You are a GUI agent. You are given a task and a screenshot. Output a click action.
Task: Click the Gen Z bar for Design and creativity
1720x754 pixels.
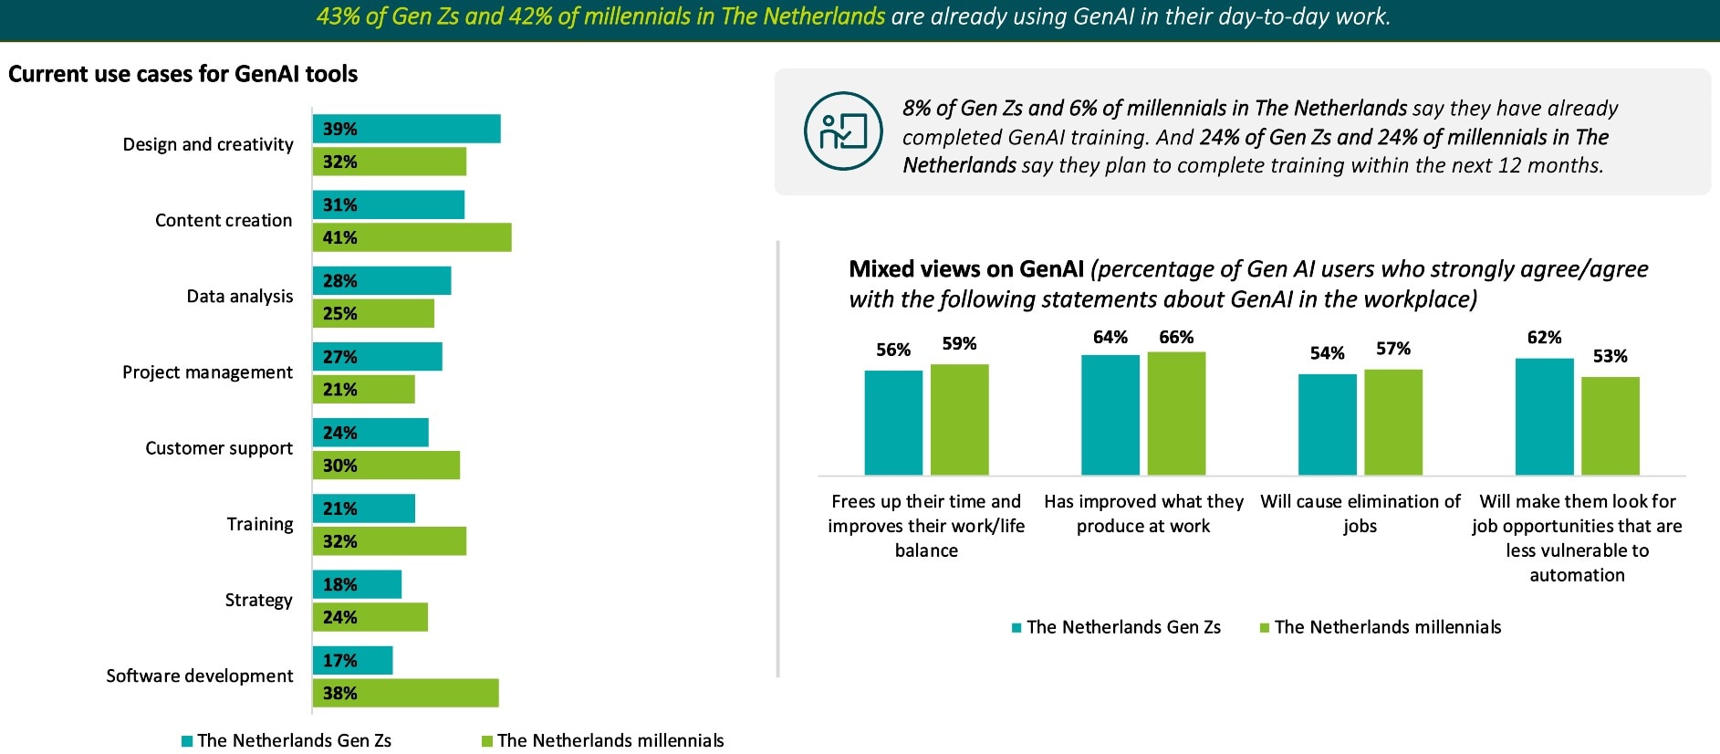coord(407,129)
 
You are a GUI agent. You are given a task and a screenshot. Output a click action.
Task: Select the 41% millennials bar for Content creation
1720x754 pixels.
coord(412,237)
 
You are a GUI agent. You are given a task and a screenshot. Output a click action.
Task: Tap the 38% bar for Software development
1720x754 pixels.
coord(406,693)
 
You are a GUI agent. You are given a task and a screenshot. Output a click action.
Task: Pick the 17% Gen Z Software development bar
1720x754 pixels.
coord(353,660)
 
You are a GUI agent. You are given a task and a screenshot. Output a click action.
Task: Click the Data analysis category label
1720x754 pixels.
coord(240,297)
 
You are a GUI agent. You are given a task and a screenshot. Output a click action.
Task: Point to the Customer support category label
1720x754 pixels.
coord(219,448)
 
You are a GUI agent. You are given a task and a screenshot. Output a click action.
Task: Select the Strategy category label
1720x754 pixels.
coord(258,600)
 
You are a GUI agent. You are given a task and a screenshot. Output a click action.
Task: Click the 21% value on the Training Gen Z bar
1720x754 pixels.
coord(339,508)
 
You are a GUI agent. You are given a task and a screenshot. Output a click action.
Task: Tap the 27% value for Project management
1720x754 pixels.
coord(339,357)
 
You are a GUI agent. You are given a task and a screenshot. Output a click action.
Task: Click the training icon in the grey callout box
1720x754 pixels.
coord(842,131)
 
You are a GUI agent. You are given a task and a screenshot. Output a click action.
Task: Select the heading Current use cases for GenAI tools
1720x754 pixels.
coord(182,74)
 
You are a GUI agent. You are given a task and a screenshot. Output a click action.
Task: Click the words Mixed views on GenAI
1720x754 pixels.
coord(965,269)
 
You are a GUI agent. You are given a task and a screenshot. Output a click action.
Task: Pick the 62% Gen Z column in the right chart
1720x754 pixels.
coord(1544,416)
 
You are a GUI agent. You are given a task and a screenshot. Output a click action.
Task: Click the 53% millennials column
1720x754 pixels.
coord(1610,425)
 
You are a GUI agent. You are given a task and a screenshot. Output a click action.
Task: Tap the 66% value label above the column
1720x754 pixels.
coord(1176,338)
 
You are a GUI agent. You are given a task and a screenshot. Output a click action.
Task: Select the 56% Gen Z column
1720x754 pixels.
coord(893,423)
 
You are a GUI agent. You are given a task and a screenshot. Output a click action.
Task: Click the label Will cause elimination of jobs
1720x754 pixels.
coord(1360,513)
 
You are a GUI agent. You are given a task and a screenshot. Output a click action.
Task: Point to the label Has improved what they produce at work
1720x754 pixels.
coord(1143,513)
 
